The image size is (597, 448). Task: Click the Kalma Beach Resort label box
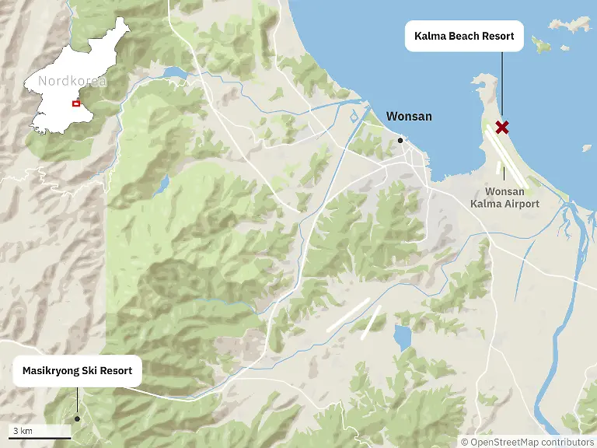[x=464, y=36]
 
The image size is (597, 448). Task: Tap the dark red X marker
[x=502, y=127]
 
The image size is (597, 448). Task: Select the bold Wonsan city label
[x=409, y=117]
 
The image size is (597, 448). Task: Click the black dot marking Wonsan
[x=400, y=141]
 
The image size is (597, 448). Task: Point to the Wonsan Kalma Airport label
[x=504, y=198]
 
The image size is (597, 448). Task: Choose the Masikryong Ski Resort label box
[x=77, y=371]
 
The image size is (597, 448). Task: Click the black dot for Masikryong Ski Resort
[x=77, y=418]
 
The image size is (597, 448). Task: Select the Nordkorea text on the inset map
[x=72, y=80]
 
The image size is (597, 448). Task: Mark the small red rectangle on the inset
[x=75, y=103]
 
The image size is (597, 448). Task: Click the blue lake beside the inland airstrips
[x=402, y=338]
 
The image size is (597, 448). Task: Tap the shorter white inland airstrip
[x=372, y=322]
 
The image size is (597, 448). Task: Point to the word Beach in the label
[x=461, y=36]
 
